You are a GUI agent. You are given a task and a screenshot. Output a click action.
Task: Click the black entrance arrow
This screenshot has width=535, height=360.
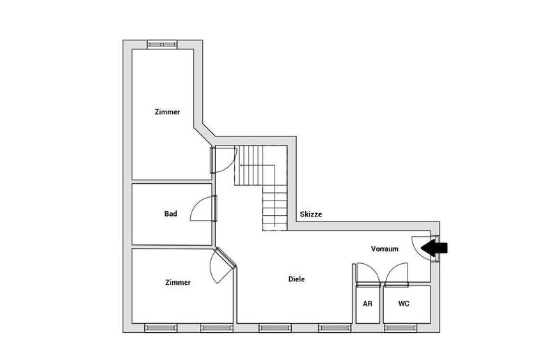[x=438, y=246]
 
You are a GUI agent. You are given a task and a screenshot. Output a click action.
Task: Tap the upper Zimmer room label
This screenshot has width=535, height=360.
[x=167, y=111]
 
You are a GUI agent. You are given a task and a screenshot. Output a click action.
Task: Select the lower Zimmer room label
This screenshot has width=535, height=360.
[x=178, y=282]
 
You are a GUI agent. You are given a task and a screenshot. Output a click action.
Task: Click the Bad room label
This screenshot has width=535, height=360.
[x=171, y=214]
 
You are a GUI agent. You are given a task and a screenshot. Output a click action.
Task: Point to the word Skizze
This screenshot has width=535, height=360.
[x=311, y=214]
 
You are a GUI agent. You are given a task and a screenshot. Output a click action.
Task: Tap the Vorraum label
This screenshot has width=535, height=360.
[x=385, y=249]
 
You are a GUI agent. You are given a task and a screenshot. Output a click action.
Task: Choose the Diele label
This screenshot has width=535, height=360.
[x=297, y=279]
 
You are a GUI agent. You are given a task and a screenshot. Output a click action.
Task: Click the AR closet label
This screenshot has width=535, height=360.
[x=367, y=304]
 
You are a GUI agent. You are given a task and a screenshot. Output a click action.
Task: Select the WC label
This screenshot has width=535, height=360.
[x=403, y=304]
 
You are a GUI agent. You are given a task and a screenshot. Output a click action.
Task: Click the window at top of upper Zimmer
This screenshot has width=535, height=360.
[x=163, y=45]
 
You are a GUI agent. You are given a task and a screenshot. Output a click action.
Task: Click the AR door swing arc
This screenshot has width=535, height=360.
[x=366, y=274]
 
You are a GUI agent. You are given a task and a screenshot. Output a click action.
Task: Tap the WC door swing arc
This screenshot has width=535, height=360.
[x=396, y=274]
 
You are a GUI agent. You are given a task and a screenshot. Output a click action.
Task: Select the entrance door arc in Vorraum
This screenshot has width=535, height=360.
[x=422, y=246]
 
